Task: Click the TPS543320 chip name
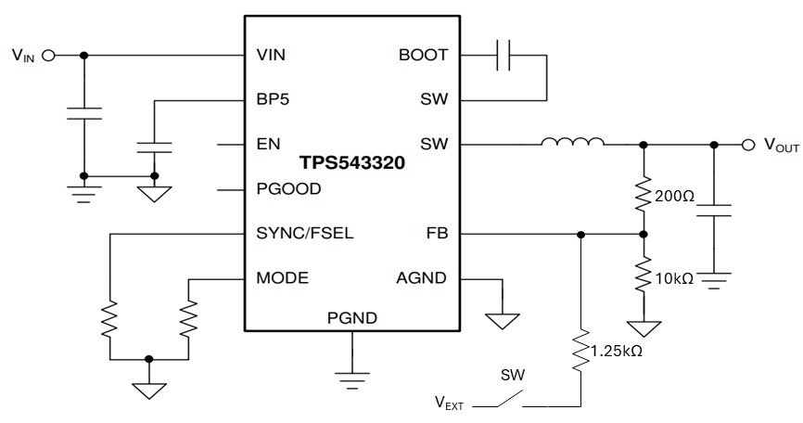click(x=351, y=162)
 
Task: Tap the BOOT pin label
click(x=423, y=55)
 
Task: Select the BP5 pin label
click(x=273, y=99)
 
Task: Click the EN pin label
click(x=267, y=144)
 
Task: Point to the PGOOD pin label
click(x=287, y=188)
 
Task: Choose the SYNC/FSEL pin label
click(x=304, y=233)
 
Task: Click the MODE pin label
click(x=282, y=277)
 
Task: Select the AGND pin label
click(x=421, y=277)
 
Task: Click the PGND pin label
click(x=351, y=318)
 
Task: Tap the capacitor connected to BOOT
click(x=504, y=56)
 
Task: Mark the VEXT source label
click(x=451, y=403)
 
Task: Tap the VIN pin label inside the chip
click(x=271, y=55)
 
